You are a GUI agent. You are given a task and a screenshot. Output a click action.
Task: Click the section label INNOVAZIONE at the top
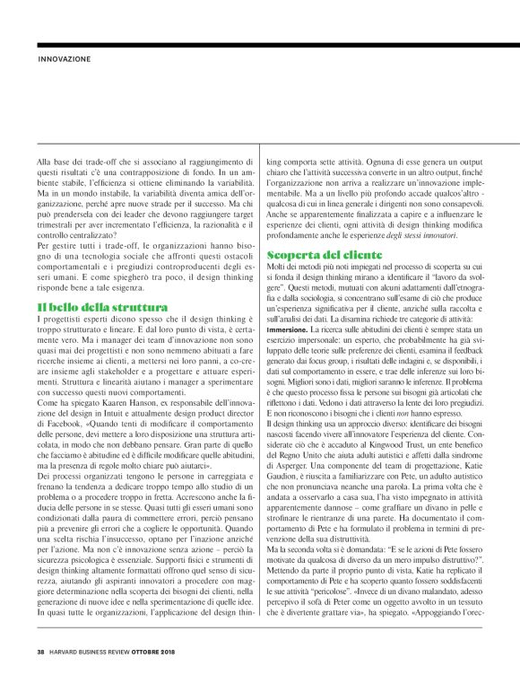[65, 59]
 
